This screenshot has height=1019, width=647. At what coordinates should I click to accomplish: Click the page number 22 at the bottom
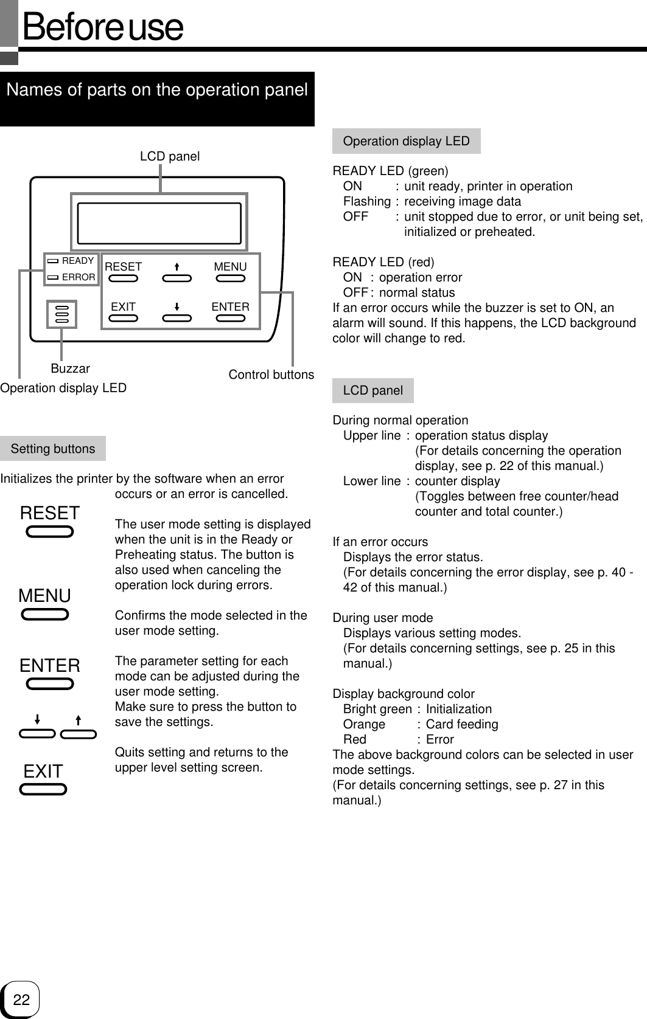21,1000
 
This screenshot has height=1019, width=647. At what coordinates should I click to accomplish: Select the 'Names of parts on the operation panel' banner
157,91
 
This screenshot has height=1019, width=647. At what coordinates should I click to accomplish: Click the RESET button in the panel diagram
124,278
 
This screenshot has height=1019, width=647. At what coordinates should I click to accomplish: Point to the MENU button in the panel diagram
231,278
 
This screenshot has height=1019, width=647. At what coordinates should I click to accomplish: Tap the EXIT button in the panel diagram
124,317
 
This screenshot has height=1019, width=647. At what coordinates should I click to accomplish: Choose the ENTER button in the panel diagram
231,317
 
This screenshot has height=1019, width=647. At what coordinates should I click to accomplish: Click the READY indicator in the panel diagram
72,261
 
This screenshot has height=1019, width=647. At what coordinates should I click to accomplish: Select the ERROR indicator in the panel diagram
72,277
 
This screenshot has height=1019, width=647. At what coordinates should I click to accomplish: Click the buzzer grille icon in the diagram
62,314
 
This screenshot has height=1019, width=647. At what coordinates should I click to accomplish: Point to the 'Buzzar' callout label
70,368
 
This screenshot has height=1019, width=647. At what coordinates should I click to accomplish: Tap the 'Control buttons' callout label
271,375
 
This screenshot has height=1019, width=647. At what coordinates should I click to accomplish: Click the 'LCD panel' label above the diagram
170,156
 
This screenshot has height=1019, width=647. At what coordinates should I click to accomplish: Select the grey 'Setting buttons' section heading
53,449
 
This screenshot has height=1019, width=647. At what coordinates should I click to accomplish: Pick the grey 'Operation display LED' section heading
407,141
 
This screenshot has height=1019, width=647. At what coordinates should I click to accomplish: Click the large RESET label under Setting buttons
50,513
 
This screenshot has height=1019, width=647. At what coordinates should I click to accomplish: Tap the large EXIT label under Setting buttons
43,772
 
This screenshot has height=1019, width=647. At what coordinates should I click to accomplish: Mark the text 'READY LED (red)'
383,262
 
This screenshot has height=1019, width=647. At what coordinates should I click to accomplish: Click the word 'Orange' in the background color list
364,724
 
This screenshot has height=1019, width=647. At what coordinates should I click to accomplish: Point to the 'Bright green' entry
377,709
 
